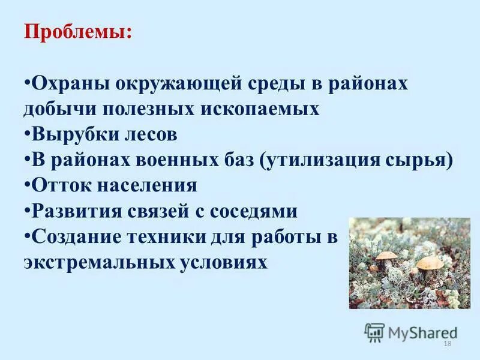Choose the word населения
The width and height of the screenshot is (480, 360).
(149, 185)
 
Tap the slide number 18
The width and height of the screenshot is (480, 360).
(446, 343)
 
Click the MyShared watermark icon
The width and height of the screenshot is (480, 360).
(374, 332)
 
